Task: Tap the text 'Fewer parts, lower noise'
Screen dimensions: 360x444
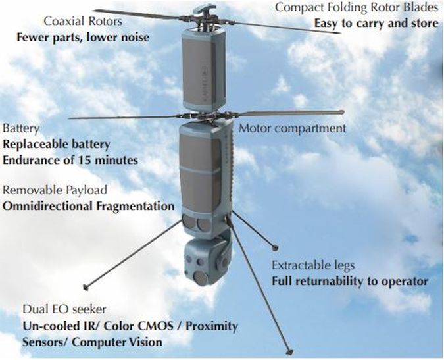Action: pyautogui.click(x=82, y=36)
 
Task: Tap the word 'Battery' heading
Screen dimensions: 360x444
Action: pyautogui.click(x=21, y=128)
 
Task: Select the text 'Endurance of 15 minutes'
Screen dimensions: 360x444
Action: pyautogui.click(x=70, y=159)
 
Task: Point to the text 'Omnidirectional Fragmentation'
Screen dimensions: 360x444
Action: pyautogui.click(x=89, y=206)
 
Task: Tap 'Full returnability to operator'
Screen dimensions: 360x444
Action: pyautogui.click(x=350, y=281)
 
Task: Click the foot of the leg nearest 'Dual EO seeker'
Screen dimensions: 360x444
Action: pyautogui.click(x=85, y=288)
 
